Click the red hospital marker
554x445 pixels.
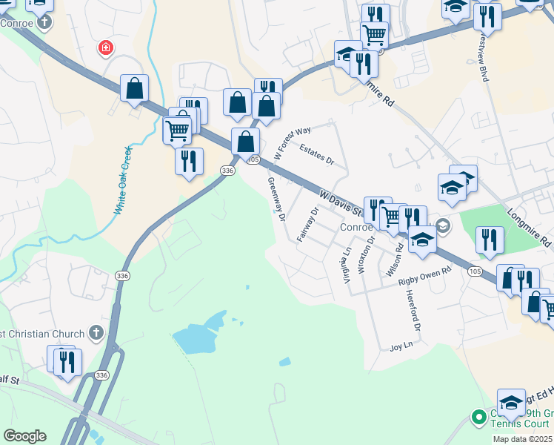[107, 48]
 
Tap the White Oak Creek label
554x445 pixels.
[123, 180]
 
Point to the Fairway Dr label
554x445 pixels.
[307, 224]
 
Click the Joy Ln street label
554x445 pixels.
[400, 346]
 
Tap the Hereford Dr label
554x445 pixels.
[413, 309]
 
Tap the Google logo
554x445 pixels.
[24, 436]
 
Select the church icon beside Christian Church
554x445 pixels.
[96, 333]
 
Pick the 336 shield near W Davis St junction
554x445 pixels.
[227, 171]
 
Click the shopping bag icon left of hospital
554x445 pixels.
[134, 88]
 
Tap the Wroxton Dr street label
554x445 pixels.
[362, 256]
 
